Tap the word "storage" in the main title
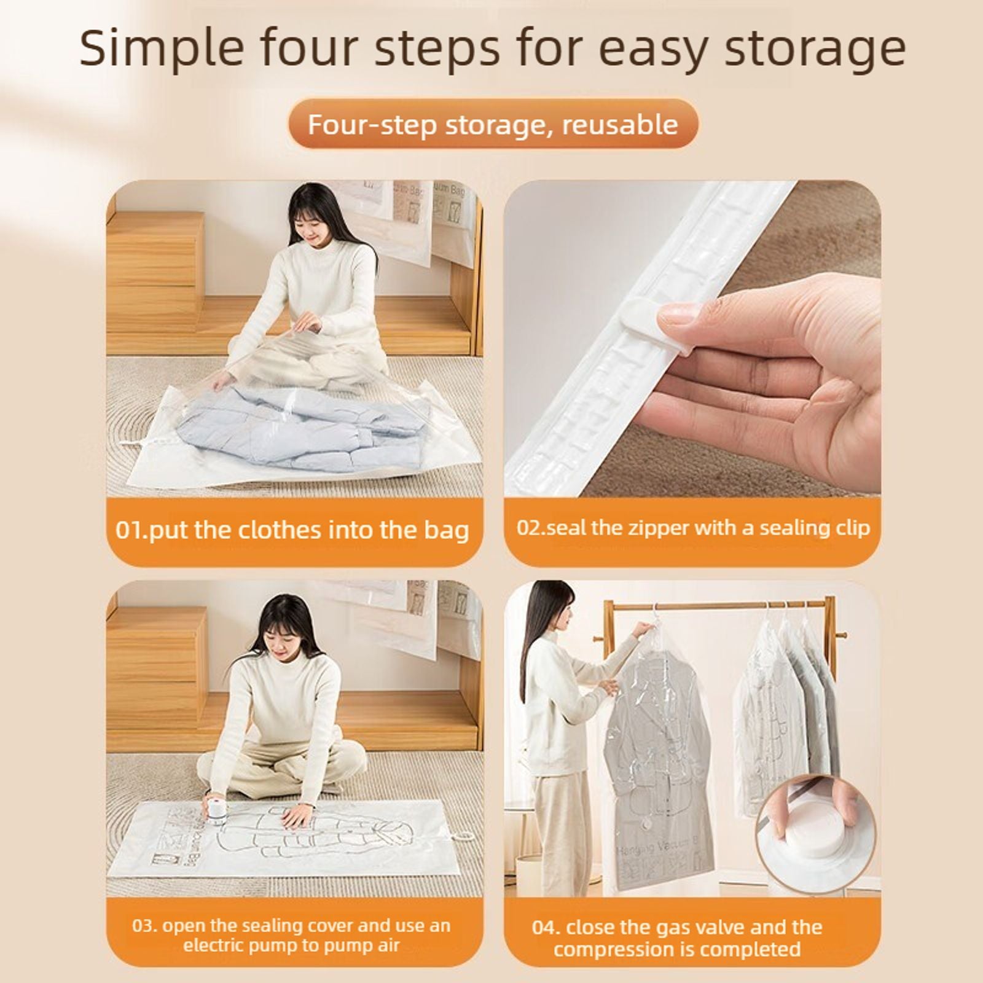pyautogui.click(x=815, y=49)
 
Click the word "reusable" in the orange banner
pyautogui.click(x=620, y=125)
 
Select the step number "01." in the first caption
pyautogui.click(x=131, y=530)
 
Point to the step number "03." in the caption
pyautogui.click(x=145, y=925)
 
